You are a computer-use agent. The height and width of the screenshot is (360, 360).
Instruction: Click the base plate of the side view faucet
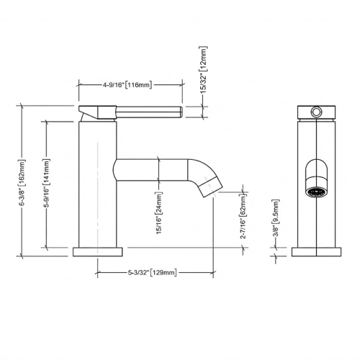coord(97,252)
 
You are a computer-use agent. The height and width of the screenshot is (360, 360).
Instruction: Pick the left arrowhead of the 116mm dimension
coord(80,85)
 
